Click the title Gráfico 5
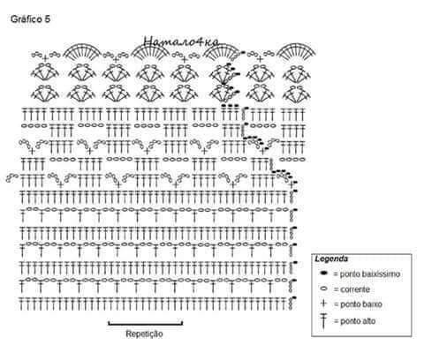tap(30, 19)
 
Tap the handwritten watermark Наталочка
tap(181, 41)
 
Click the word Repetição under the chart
tap(144, 334)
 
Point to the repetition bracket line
tap(146, 325)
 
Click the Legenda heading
tap(331, 259)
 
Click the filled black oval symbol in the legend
tap(323, 274)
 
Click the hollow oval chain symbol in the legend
tap(323, 289)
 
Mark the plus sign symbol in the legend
tap(323, 303)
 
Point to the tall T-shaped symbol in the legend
tap(323, 321)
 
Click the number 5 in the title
tap(48, 19)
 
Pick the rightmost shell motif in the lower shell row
tap(296, 93)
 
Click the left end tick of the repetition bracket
tap(109, 323)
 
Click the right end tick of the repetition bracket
tap(182, 323)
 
